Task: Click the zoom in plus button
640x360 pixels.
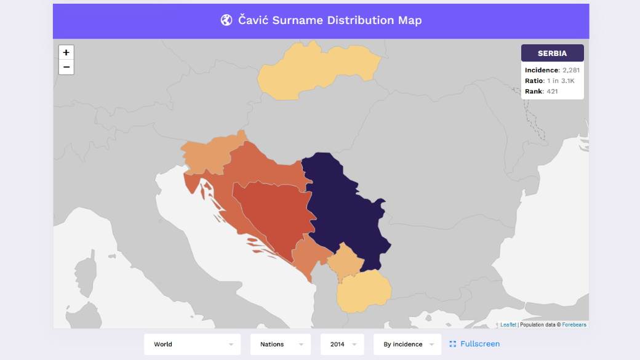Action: pyautogui.click(x=66, y=53)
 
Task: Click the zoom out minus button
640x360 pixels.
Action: pyautogui.click(x=66, y=67)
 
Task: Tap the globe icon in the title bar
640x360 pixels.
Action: pyautogui.click(x=226, y=20)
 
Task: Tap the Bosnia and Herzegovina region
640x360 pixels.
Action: pyautogui.click(x=271, y=215)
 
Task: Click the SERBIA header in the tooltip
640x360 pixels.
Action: pyautogui.click(x=552, y=54)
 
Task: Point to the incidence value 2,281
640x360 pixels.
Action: pyautogui.click(x=570, y=70)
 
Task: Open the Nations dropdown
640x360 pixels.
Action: pyautogui.click(x=281, y=344)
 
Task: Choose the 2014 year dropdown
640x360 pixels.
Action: pyautogui.click(x=342, y=344)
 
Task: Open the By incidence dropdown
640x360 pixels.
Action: pyautogui.click(x=407, y=344)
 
